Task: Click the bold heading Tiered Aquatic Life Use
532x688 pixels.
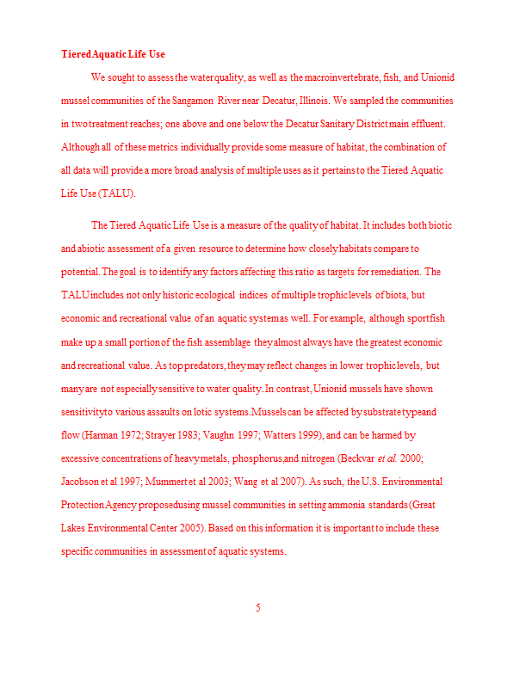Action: [113, 54]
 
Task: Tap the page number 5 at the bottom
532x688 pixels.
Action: [257, 608]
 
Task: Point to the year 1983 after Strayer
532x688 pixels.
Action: [189, 435]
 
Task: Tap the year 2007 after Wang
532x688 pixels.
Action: [297, 482]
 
